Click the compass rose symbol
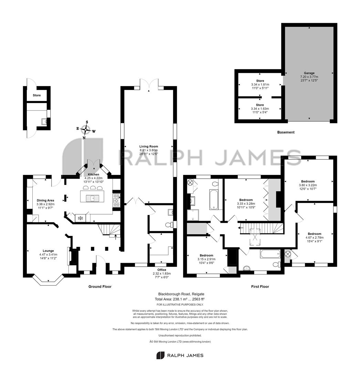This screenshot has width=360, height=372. [86, 130]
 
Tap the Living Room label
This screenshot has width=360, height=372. [149, 146]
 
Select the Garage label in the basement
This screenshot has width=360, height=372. [309, 73]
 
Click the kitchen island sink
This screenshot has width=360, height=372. [93, 198]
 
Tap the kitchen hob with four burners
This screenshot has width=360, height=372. [116, 200]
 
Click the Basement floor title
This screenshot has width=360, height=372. [286, 132]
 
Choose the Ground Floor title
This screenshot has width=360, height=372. [100, 287]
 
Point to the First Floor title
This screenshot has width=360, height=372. [260, 287]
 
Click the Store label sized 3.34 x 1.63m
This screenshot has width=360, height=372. [260, 105]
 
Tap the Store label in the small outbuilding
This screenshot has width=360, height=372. [36, 95]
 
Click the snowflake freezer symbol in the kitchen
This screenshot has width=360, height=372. [80, 218]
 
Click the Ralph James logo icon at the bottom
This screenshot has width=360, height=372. [160, 355]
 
